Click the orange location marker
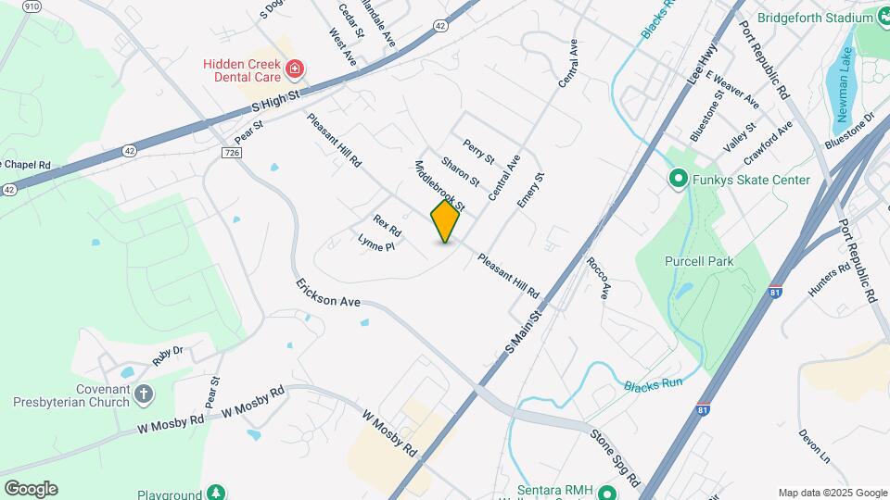[445, 221]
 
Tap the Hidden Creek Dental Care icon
[295, 69]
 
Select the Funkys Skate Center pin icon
[678, 180]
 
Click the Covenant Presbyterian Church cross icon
[143, 395]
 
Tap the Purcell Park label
[699, 261]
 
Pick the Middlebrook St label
[439, 184]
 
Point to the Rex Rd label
[387, 225]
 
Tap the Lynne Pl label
[376, 244]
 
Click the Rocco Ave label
[599, 278]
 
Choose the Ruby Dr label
[169, 356]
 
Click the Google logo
[31, 489]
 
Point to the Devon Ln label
[814, 445]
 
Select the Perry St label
[479, 148]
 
